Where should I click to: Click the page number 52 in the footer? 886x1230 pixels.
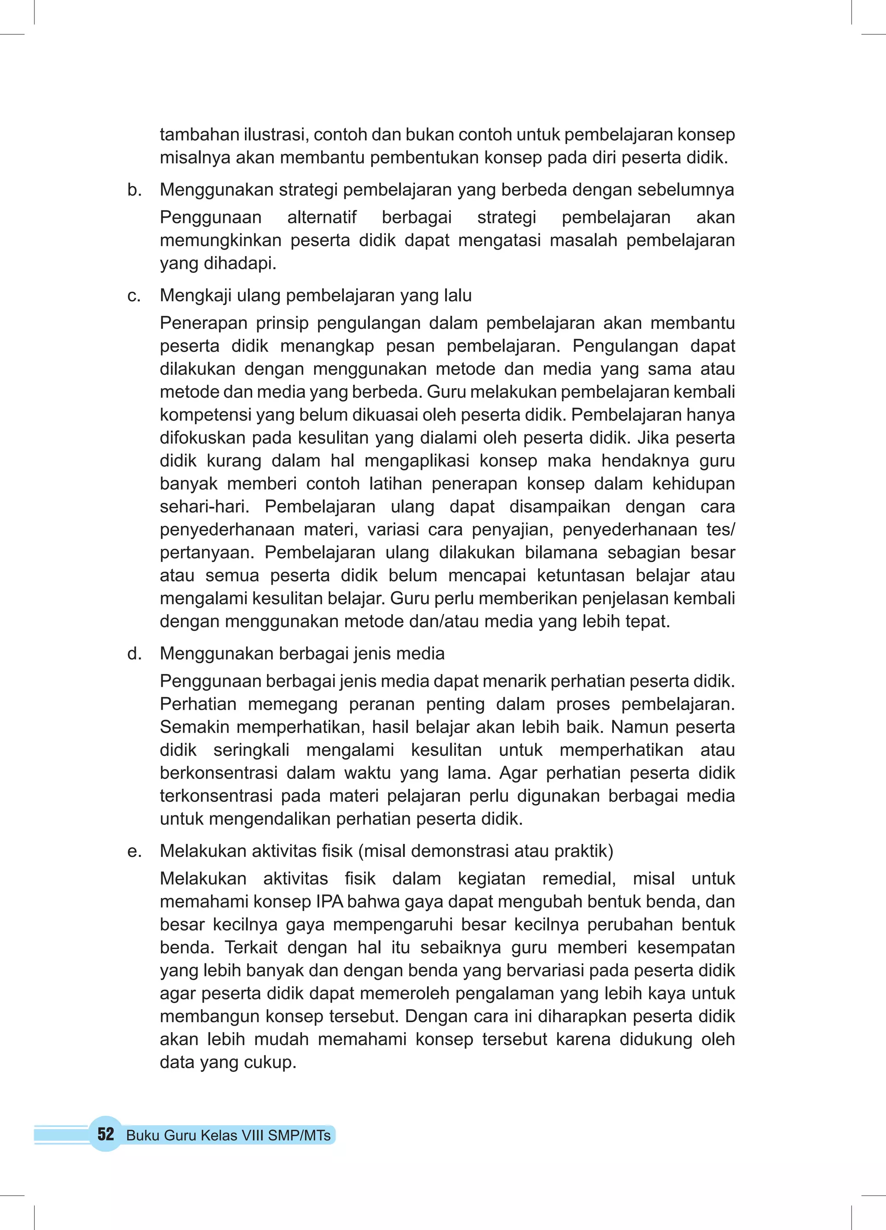(106, 1133)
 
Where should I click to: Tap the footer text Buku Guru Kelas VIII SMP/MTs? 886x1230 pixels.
(228, 1136)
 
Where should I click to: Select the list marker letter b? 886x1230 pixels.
(134, 190)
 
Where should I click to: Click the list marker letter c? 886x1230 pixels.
(133, 296)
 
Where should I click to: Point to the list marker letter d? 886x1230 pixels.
(134, 654)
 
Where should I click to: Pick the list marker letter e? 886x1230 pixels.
(134, 851)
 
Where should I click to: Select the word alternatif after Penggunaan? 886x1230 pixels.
(321, 217)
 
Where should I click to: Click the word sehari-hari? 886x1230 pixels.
(204, 506)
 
